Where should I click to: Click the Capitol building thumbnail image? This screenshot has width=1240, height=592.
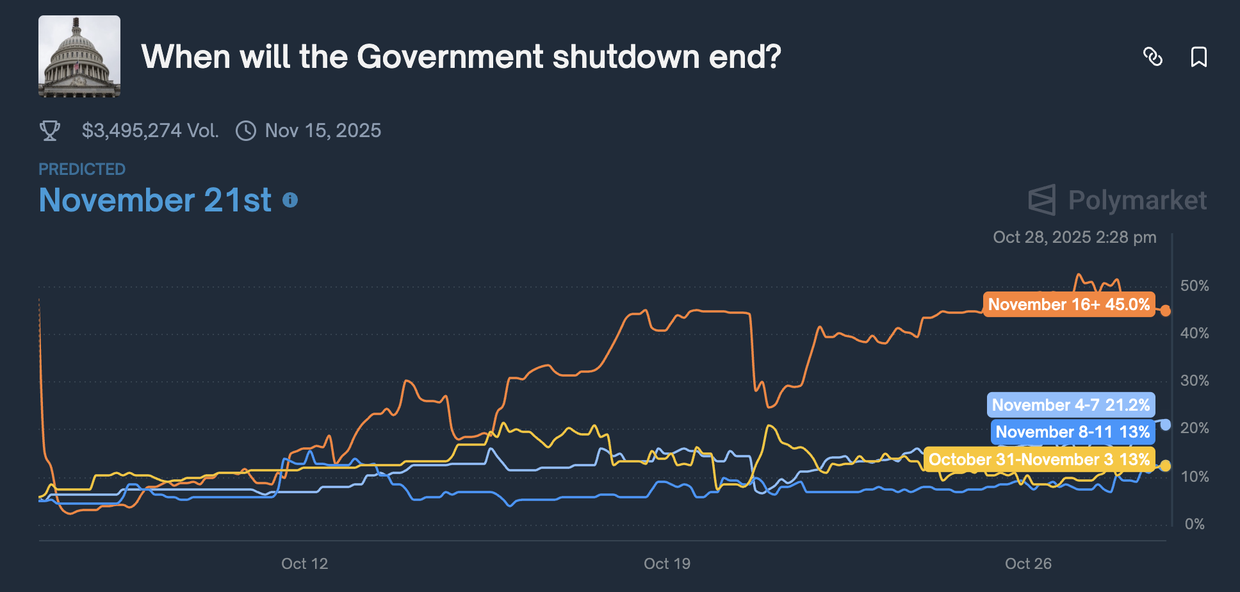(79, 56)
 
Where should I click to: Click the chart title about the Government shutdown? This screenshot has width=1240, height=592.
(461, 57)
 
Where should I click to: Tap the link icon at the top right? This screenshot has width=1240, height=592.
(1153, 57)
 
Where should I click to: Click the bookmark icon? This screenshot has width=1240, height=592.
(1198, 57)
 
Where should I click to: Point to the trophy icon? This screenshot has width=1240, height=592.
(50, 131)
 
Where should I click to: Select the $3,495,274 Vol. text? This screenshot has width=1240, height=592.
(150, 131)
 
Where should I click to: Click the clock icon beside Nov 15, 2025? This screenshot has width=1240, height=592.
(246, 131)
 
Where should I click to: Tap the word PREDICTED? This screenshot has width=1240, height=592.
(82, 169)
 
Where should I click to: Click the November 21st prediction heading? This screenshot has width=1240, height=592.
(155, 200)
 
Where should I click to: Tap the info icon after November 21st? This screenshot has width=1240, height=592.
(290, 201)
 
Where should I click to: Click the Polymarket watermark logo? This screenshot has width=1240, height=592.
(1118, 200)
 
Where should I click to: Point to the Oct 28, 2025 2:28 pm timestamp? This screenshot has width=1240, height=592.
(1074, 237)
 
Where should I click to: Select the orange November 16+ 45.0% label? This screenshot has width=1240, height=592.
(1068, 304)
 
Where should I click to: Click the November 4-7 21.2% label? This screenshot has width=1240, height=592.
(1070, 405)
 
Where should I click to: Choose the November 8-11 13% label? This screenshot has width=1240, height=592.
(1072, 432)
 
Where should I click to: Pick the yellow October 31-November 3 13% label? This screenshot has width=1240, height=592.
(1039, 459)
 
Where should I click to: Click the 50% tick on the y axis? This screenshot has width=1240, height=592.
(1195, 286)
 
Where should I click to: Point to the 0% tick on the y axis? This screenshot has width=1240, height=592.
(1195, 524)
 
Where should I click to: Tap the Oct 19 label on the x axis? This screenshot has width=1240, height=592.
(667, 564)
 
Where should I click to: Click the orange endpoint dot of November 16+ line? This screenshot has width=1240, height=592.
(1166, 311)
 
